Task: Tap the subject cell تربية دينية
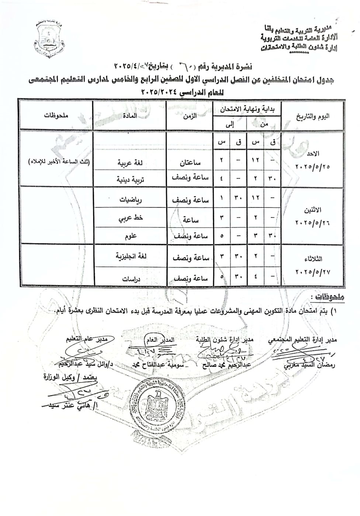[130, 179]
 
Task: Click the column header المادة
[129, 115]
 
